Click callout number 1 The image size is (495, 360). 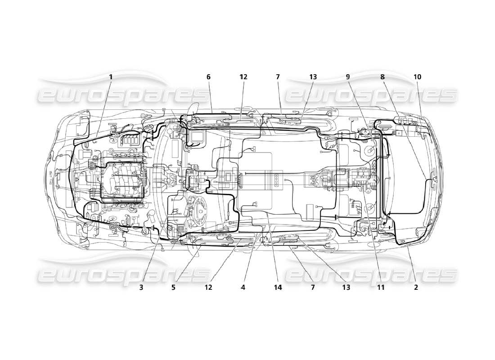click(x=111, y=77)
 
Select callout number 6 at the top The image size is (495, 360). click(x=208, y=77)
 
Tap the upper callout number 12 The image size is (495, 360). click(x=243, y=77)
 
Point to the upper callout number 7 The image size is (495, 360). click(x=278, y=77)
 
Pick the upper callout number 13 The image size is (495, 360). click(x=313, y=77)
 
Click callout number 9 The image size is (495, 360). click(x=348, y=77)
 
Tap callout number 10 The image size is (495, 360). click(x=417, y=77)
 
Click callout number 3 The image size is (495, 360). click(x=141, y=287)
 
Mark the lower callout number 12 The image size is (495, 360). click(x=208, y=287)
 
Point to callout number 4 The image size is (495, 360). click(x=243, y=287)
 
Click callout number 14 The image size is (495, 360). click(x=278, y=287)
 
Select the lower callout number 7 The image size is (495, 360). click(x=313, y=287)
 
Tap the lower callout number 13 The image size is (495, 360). click(x=346, y=287)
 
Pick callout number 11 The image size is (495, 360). click(x=381, y=287)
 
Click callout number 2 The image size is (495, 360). click(x=416, y=287)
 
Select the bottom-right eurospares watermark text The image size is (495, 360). click(x=372, y=274)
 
